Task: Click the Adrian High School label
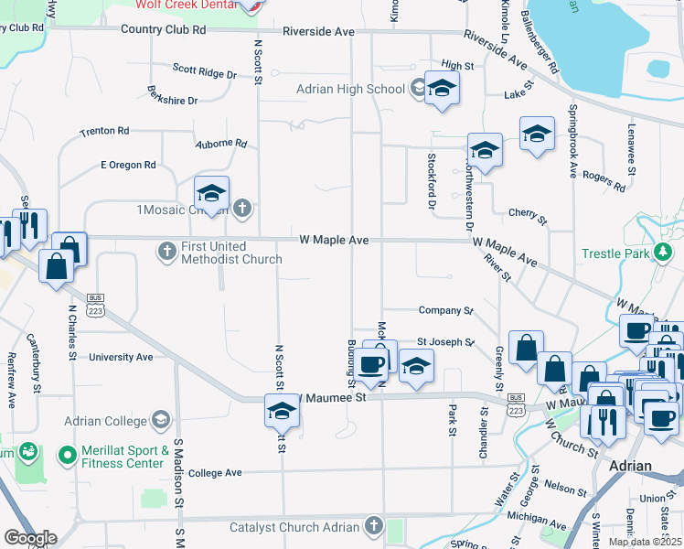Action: click(x=350, y=89)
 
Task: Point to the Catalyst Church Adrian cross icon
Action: click(x=372, y=526)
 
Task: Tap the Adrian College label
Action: click(x=105, y=421)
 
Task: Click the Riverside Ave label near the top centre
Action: click(x=318, y=31)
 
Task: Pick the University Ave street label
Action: click(x=121, y=357)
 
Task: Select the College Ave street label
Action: click(x=216, y=472)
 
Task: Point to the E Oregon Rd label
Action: click(x=128, y=165)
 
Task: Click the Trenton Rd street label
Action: click(x=104, y=132)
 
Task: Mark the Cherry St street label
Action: click(x=528, y=216)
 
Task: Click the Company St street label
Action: click(x=445, y=310)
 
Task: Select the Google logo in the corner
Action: click(x=30, y=538)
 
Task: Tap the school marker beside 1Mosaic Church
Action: click(x=211, y=194)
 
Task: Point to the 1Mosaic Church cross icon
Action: click(x=242, y=210)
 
